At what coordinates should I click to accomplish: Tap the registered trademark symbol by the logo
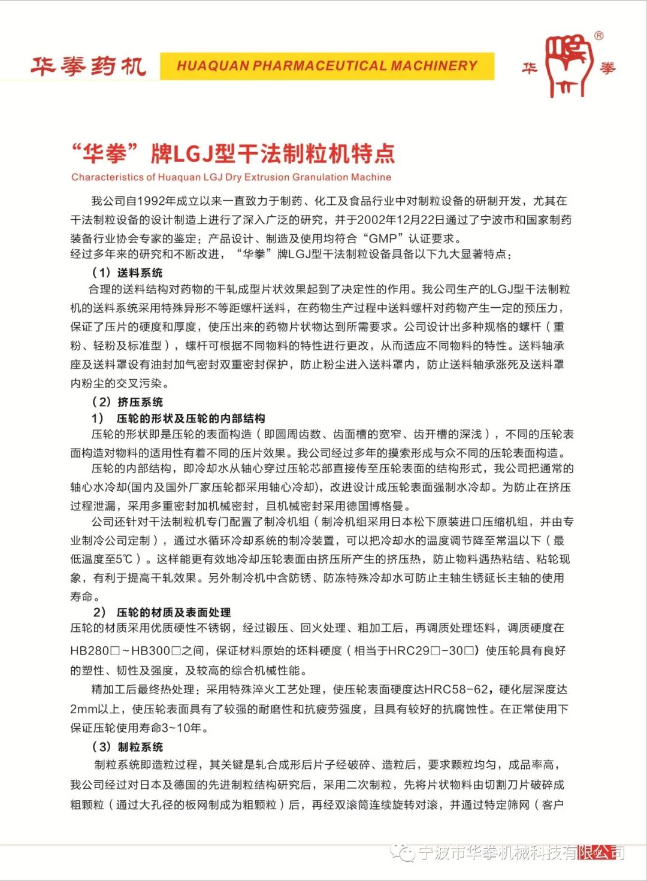click(x=598, y=36)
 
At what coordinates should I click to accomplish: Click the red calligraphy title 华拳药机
click(x=89, y=66)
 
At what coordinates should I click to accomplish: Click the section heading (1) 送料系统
click(x=127, y=273)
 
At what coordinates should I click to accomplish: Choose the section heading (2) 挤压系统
click(x=127, y=402)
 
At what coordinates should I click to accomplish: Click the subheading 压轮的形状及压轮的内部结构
click(x=191, y=418)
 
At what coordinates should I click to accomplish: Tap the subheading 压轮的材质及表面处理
click(x=174, y=612)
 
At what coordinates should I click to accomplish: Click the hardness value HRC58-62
click(x=456, y=689)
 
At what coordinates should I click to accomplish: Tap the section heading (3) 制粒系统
click(x=127, y=747)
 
